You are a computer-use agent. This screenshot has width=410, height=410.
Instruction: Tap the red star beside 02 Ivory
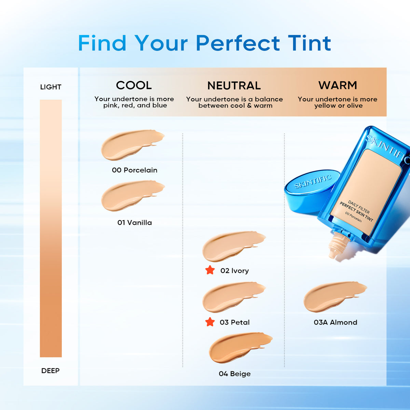[210, 270]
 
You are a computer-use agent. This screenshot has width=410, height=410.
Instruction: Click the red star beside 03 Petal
[210, 322]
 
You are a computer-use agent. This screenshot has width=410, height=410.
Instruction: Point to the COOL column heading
[134, 85]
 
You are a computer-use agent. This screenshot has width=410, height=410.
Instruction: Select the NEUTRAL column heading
[234, 85]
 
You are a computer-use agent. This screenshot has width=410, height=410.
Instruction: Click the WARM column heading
[338, 85]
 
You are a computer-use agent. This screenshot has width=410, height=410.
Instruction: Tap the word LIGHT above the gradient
[51, 87]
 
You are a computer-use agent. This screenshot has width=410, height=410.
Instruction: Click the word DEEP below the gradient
[50, 371]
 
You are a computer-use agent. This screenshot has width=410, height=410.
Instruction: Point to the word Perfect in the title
[238, 43]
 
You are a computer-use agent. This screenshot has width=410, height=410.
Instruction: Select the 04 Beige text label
[235, 374]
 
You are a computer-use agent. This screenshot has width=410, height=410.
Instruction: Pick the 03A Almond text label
[336, 322]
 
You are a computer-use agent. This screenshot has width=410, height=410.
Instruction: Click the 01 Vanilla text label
[135, 223]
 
